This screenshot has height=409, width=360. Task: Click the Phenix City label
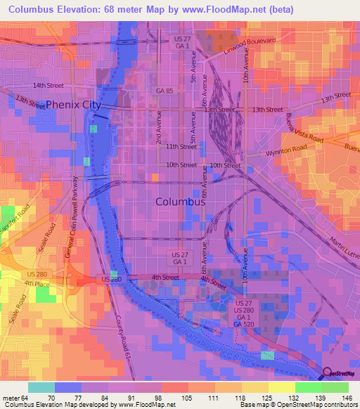point(74,105)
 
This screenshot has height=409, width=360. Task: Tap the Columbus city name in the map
point(180,201)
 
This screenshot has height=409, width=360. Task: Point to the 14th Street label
point(47,85)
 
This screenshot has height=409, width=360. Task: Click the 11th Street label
point(181,146)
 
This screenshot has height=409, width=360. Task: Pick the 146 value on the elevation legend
point(347,397)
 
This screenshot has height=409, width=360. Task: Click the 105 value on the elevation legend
point(186,397)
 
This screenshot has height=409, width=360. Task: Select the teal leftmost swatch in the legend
point(41,387)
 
